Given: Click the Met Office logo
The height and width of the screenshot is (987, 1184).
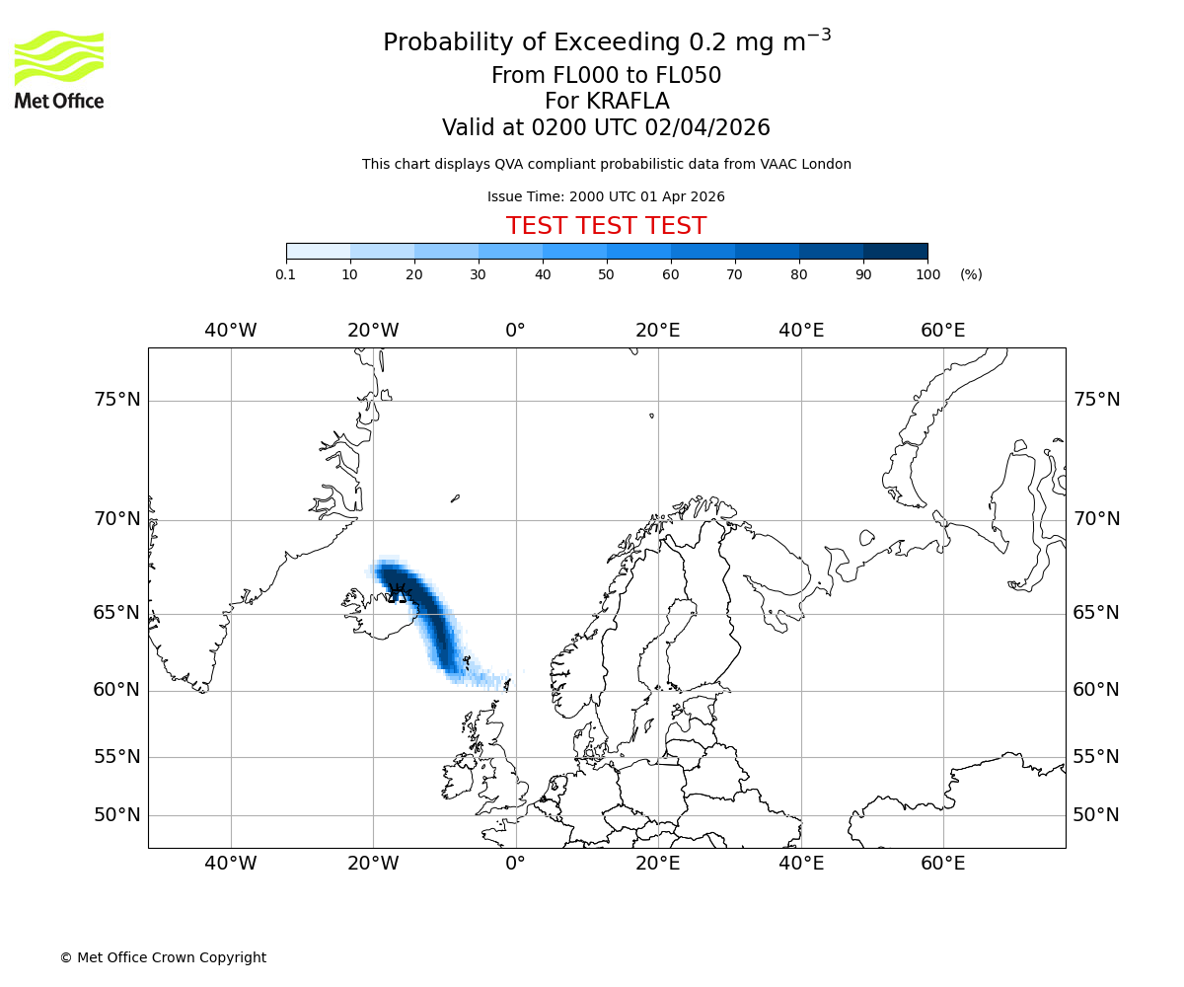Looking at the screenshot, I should tap(59, 69).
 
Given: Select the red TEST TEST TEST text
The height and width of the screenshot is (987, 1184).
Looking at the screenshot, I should tap(606, 226).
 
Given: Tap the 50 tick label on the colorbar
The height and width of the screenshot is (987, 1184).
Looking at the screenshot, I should tap(607, 274).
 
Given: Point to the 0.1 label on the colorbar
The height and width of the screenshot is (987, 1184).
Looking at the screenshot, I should tap(285, 274).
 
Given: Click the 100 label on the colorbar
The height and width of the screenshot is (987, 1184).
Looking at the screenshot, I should tap(927, 274).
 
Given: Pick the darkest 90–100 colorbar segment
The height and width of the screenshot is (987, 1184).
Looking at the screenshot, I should tap(895, 251).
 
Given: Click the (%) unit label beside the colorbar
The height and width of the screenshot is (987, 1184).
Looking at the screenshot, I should tap(971, 274).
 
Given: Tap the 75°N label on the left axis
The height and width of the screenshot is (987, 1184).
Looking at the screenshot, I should tap(116, 400).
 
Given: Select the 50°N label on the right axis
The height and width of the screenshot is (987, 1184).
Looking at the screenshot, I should tap(1096, 815).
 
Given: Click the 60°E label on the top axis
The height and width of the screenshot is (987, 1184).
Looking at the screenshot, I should tap(943, 331).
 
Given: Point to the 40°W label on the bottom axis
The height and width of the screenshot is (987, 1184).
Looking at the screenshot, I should tap(231, 865).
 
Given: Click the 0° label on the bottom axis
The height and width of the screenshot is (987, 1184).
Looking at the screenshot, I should tap(515, 865).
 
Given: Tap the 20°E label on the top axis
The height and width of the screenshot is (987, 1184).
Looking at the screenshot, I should tap(658, 331).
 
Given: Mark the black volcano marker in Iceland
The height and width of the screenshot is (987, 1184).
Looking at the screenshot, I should tap(399, 592).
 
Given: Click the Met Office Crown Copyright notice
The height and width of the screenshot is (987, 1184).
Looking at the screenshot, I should tap(163, 957).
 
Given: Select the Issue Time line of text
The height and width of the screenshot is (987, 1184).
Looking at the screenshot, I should tap(606, 196).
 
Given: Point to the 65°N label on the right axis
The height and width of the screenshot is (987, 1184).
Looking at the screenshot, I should tap(1096, 613).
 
